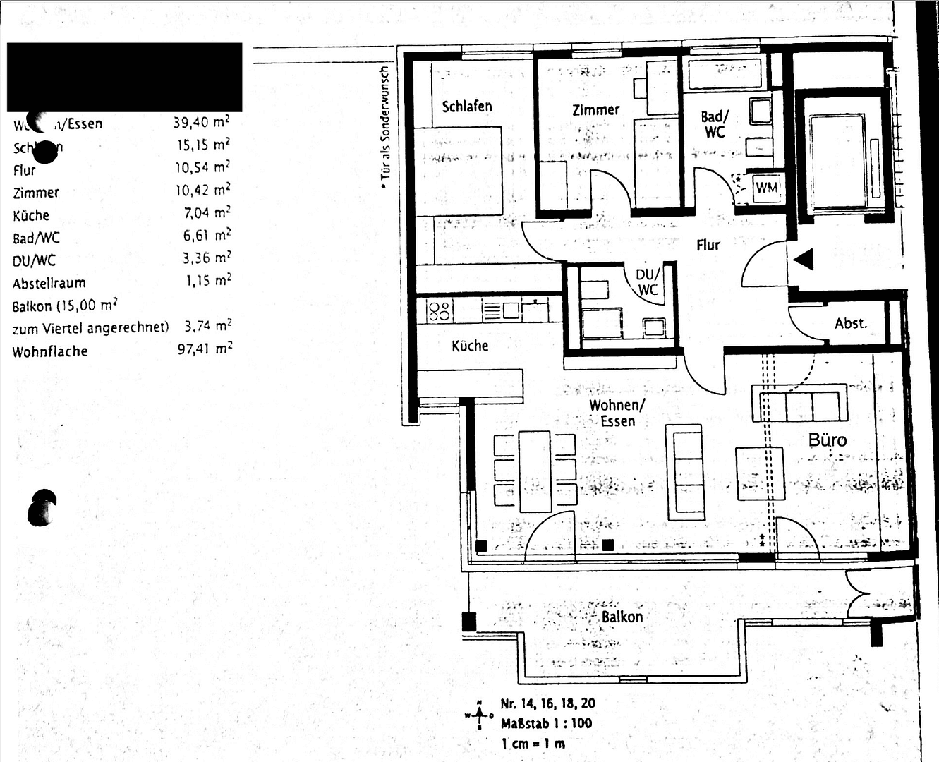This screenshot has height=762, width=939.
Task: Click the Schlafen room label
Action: click(466, 107)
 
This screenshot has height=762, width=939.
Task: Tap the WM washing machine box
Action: click(766, 188)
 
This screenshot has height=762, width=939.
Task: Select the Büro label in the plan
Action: click(827, 440)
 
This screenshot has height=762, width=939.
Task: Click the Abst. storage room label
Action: click(850, 324)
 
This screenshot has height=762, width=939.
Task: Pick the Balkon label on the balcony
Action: click(622, 617)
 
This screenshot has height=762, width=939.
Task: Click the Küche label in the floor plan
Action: click(470, 346)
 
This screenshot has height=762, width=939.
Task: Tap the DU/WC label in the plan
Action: click(648, 282)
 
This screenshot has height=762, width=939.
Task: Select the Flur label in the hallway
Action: click(708, 246)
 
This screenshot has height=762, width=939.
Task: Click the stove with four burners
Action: click(440, 310)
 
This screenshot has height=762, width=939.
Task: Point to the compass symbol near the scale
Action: click(480, 715)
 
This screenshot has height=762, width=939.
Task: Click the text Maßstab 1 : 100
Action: click(546, 723)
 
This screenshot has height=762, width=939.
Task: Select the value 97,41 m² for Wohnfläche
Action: click(204, 349)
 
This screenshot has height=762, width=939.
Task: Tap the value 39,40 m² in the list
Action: click(201, 123)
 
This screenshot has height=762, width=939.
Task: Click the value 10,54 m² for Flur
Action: click(202, 168)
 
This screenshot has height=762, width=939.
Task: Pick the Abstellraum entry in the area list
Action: click(49, 284)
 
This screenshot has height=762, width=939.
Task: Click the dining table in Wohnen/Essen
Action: click(535, 471)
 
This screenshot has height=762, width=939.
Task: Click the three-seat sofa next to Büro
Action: click(799, 404)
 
